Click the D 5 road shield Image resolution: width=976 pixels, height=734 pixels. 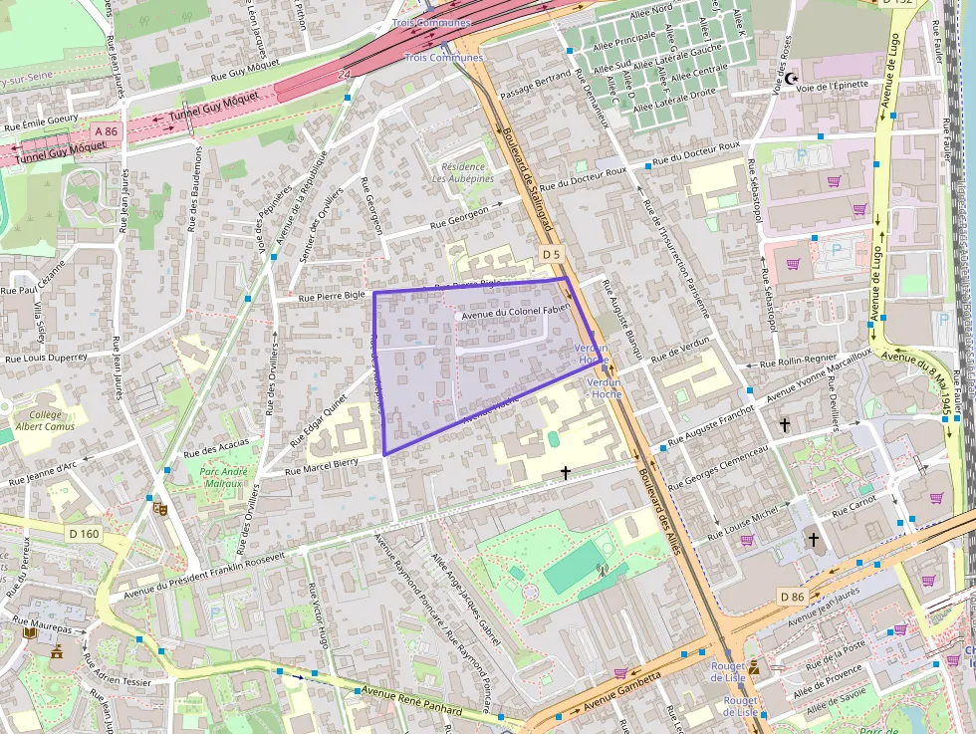[x=553, y=255]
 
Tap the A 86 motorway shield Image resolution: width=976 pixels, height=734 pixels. [x=107, y=131]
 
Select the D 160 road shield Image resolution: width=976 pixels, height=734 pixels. [x=85, y=534]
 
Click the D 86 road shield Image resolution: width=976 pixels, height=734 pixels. [x=792, y=597]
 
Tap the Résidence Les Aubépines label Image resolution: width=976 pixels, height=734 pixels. [x=463, y=172]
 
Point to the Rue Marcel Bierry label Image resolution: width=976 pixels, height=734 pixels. [x=322, y=466]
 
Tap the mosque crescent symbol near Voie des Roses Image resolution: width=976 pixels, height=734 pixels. [x=792, y=78]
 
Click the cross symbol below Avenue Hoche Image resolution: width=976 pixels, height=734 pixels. [x=566, y=473]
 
